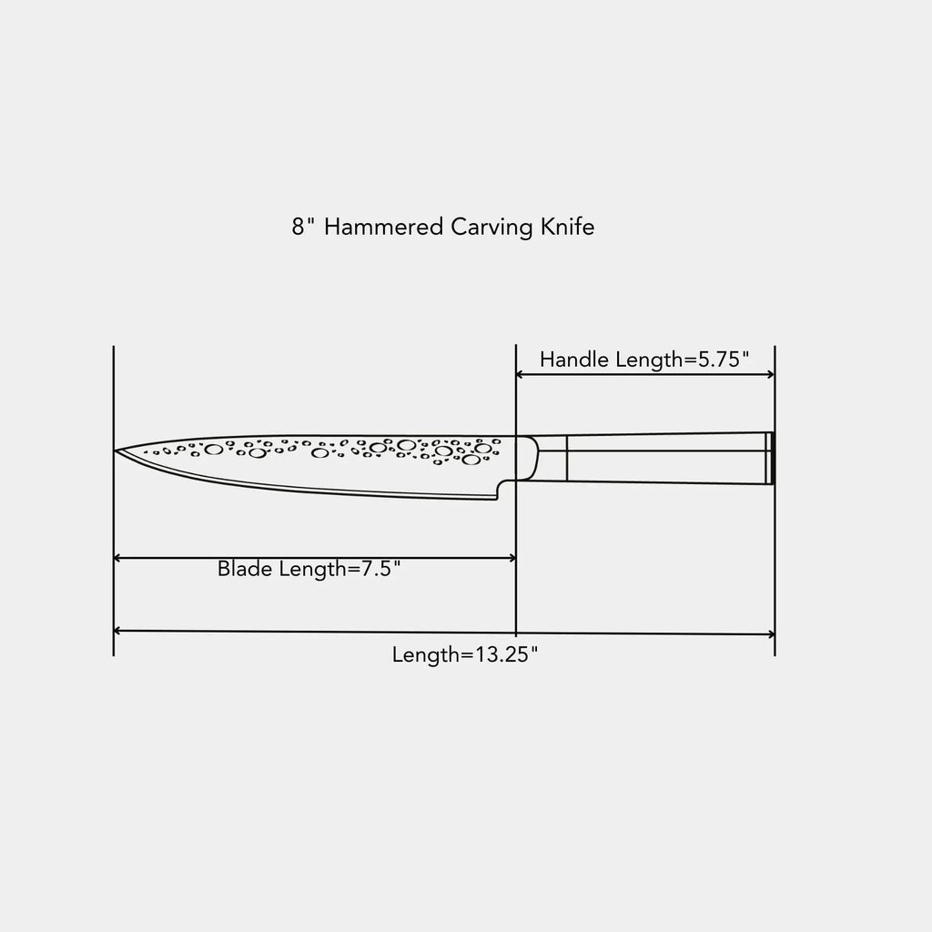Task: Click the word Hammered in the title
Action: coord(383,227)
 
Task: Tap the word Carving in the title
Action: coord(492,228)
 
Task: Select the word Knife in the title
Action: coord(568,227)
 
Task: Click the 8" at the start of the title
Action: coord(303,227)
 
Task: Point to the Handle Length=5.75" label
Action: coord(644,360)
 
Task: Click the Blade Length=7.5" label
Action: coord(309,569)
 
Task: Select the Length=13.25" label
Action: coord(465,655)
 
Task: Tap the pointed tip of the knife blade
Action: coord(115,451)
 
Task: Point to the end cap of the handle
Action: coord(769,459)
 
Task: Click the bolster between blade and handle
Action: coord(527,459)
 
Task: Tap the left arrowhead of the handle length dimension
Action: coord(519,374)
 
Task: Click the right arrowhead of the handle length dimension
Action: coord(771,374)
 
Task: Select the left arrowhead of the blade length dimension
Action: coord(117,558)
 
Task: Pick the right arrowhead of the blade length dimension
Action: coord(512,558)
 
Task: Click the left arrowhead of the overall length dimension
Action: coord(117,631)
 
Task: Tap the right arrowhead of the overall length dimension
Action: coord(771,634)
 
